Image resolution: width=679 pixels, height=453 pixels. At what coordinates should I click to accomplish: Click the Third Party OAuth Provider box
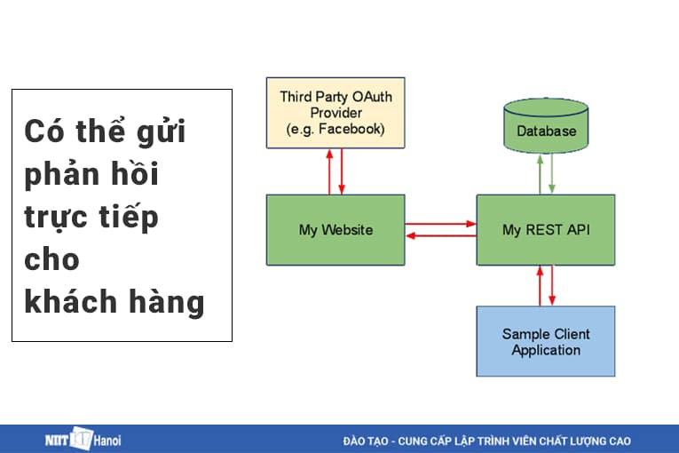[x=336, y=113]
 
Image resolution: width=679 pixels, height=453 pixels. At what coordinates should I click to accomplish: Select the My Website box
[x=336, y=230]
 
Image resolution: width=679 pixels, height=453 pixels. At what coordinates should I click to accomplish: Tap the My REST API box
[x=545, y=230]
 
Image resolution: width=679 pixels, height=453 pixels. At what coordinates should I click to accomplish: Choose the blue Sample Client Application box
[x=545, y=341]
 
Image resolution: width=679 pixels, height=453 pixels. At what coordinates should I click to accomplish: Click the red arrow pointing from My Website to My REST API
[x=440, y=224]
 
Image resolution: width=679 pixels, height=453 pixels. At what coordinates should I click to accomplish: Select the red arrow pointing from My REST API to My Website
[x=440, y=236]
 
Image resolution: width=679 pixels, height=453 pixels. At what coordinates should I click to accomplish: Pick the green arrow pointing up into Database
[x=539, y=172]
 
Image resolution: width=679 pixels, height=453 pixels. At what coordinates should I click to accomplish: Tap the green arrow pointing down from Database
[x=552, y=172]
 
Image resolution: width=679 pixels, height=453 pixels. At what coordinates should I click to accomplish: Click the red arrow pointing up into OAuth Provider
[x=329, y=171]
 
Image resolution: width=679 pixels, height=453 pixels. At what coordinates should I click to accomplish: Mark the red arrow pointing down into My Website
[x=342, y=171]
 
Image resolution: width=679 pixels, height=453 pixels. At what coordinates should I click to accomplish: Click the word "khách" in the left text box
[x=60, y=302]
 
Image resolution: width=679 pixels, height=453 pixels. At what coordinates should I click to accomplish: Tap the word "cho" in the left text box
[x=51, y=259]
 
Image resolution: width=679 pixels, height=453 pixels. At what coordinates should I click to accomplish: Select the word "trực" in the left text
[x=58, y=218]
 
